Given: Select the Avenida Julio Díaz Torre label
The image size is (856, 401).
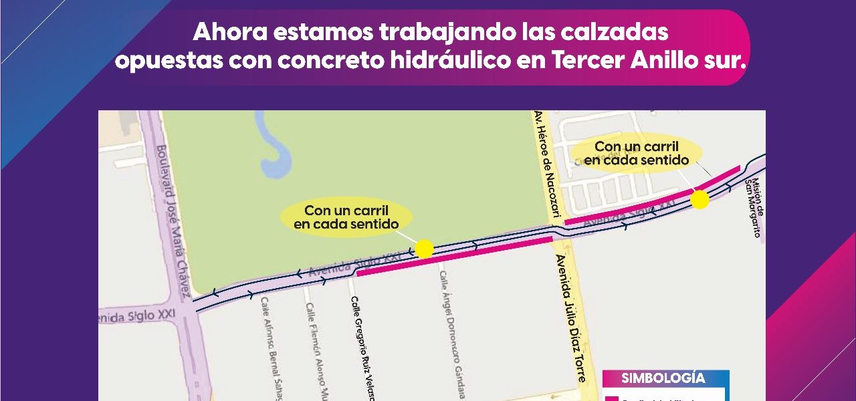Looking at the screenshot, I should click(x=570, y=317).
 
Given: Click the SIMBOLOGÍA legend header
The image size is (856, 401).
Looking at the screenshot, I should click(x=663, y=378).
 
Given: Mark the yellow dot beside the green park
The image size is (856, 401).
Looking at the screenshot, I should click(x=424, y=249).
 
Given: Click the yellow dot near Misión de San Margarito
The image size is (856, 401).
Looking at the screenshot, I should click(x=700, y=199).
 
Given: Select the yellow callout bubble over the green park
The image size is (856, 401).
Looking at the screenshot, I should click(x=346, y=217).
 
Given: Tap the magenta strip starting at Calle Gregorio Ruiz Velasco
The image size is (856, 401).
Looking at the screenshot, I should click(x=455, y=256).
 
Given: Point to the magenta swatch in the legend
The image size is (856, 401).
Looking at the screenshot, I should click(x=611, y=399).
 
